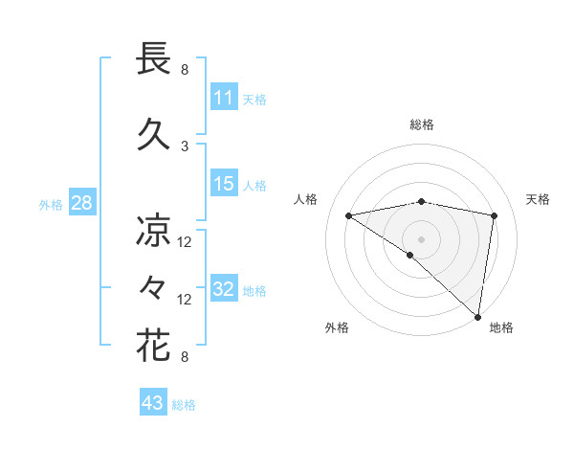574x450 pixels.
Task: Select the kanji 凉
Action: pos(153,231)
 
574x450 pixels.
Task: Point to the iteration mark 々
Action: pos(153,287)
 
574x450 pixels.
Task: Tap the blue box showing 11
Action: pos(224,98)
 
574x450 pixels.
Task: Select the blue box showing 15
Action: pos(224,184)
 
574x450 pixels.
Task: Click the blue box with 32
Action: pos(224,289)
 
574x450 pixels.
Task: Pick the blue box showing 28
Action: pos(80,203)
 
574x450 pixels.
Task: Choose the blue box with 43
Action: pos(153,403)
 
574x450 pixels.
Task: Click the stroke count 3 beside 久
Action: pos(185,146)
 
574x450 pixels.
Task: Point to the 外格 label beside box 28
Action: pos(51,204)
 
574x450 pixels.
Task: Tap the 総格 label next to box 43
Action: pos(184,404)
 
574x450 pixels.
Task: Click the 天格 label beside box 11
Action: pos(254,99)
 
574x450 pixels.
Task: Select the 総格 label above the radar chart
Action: pos(421,124)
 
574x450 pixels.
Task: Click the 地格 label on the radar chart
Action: pos(501,327)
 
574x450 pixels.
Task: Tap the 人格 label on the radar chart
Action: pos(305,199)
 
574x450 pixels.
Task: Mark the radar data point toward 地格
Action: pos(478,317)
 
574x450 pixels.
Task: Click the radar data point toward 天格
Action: pos(495,215)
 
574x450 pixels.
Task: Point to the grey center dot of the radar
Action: pos(421,237)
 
